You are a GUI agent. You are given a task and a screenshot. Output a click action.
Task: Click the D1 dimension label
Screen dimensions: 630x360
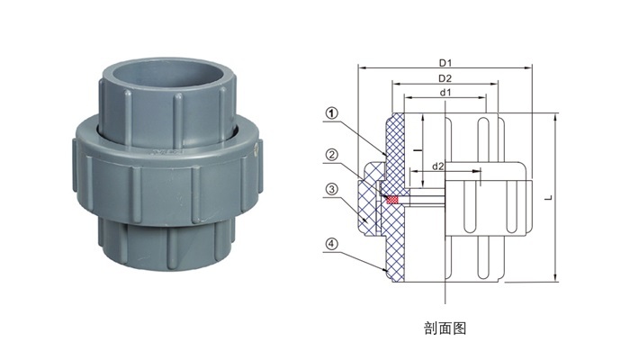point(445,63)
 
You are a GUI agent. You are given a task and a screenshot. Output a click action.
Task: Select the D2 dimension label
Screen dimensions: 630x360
point(445,78)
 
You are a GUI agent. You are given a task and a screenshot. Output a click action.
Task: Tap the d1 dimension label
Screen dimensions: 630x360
point(445,93)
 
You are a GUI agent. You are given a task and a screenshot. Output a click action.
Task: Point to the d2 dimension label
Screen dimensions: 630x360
point(438,166)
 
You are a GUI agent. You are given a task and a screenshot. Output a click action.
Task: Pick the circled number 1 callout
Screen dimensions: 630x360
point(331,113)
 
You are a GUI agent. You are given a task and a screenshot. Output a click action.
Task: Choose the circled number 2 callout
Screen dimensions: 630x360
point(331,155)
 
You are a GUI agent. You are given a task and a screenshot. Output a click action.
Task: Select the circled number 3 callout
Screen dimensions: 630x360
point(331,189)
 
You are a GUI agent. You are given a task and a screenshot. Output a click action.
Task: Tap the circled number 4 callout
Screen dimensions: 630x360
point(331,244)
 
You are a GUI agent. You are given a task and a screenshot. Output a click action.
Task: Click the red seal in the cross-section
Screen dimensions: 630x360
point(391,199)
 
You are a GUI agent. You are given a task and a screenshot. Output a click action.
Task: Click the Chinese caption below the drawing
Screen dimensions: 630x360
point(445,328)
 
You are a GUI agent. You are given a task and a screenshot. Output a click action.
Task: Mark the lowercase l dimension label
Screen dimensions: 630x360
point(418,150)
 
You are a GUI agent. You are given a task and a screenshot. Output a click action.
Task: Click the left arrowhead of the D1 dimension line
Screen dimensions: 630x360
point(361,68)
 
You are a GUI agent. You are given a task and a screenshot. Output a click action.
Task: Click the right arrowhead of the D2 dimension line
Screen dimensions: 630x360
point(495,84)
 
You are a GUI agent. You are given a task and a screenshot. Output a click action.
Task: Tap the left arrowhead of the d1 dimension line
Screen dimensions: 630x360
point(408,97)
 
